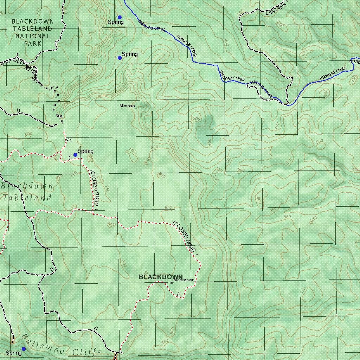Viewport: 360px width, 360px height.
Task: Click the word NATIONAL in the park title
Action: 33,36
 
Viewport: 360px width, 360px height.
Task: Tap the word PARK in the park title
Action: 33,44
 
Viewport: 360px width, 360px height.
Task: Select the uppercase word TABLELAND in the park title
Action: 33,29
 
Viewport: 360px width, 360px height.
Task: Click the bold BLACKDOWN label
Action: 160,277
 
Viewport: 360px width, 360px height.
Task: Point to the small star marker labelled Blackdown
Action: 172,283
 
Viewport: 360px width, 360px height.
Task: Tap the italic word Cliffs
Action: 87,352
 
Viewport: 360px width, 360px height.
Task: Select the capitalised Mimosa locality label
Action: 127,105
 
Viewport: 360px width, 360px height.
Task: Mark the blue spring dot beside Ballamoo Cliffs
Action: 24,349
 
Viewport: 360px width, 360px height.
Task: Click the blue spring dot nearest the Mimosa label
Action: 120,58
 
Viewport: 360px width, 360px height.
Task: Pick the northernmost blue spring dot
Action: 120,17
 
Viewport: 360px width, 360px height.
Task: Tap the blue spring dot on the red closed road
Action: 75,155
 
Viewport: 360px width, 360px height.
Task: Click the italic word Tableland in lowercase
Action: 27,198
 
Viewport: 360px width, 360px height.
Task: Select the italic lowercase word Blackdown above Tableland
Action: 27,186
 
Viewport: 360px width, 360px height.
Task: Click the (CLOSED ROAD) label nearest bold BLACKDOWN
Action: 185,237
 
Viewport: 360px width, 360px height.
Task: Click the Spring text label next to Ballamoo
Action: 13,353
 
